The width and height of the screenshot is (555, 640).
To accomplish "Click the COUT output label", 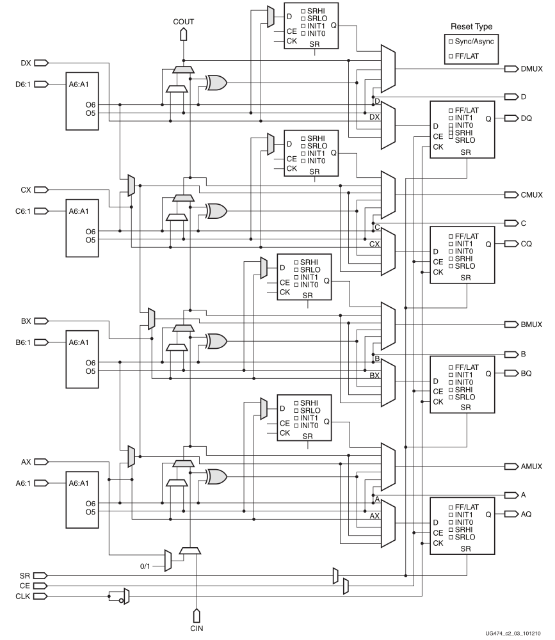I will tap(183, 22).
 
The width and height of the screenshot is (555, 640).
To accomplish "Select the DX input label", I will tap(26, 63).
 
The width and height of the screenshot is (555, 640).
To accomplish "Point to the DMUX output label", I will tap(531, 68).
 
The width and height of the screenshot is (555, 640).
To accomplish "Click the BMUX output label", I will tap(531, 324).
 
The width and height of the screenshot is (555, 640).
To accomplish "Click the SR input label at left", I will tap(24, 575).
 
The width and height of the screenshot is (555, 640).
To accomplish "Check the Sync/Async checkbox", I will tap(451, 40).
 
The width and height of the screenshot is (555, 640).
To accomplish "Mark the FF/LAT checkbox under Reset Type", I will tap(451, 56).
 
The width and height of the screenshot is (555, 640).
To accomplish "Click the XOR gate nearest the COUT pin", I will tap(216, 82).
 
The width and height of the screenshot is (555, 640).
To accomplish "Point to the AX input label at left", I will tap(26, 461).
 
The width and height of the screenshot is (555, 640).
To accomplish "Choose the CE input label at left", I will tap(24, 586).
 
